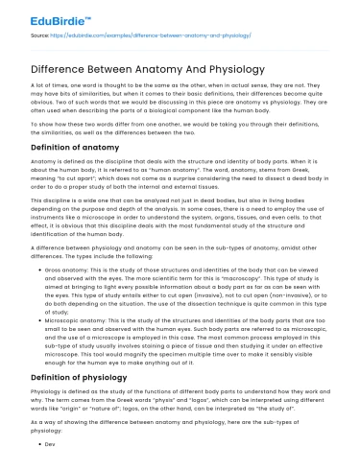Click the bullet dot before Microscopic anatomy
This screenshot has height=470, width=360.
point(38,305)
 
